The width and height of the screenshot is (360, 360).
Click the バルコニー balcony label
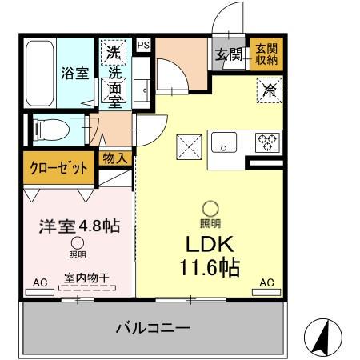(152, 327)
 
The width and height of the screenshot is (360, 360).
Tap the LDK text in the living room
(210, 242)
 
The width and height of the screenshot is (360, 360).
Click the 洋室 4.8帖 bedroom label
(79, 225)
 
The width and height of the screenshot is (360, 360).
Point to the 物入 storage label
(115, 158)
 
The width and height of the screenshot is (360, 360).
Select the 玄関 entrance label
(228, 54)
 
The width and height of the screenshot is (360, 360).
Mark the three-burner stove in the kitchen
(266, 142)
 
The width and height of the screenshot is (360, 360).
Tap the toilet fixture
(52, 126)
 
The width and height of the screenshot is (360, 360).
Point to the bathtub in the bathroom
(42, 72)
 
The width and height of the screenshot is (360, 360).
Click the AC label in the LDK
(266, 282)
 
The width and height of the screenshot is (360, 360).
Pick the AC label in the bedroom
(40, 282)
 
